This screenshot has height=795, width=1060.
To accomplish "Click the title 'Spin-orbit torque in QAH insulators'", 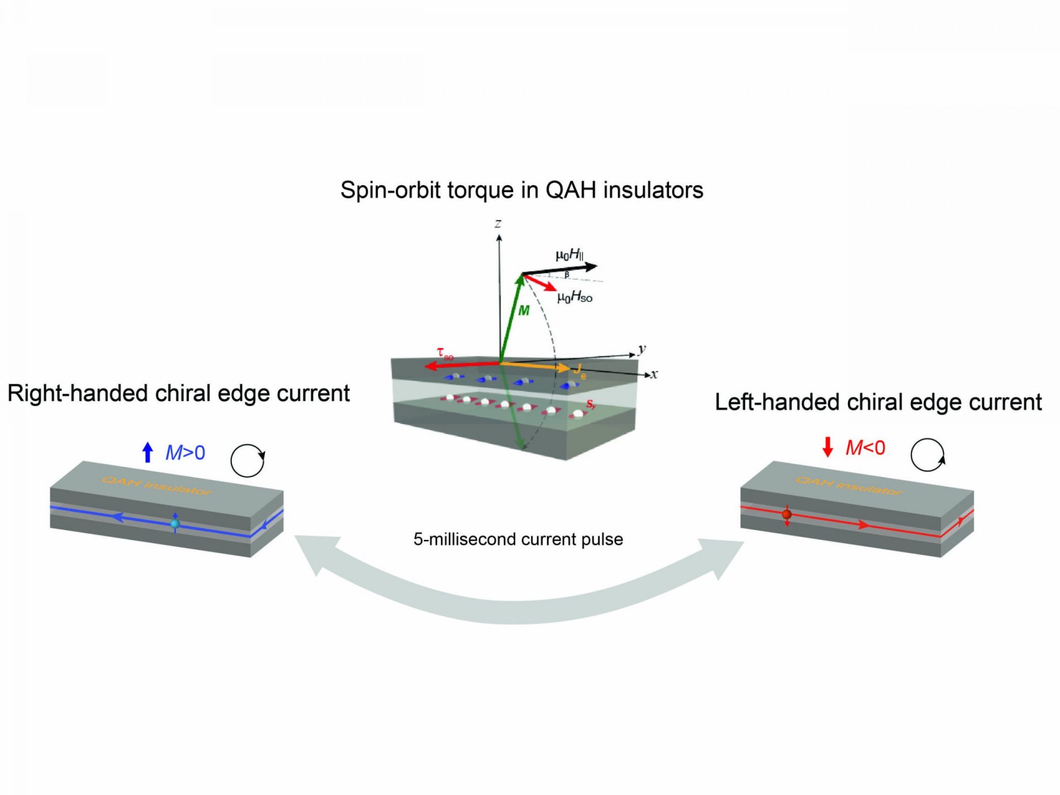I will [x=522, y=190].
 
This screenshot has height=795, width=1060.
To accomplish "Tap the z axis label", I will [x=498, y=224].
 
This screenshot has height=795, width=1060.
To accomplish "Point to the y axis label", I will [x=642, y=349].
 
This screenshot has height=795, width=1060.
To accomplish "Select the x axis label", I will [x=654, y=374].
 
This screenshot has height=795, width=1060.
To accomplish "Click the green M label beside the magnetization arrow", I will [x=524, y=311].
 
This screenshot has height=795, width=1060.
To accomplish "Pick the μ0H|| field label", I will [x=570, y=255].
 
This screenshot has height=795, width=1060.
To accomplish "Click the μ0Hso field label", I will [x=575, y=298].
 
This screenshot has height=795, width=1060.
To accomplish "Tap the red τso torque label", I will [x=444, y=353].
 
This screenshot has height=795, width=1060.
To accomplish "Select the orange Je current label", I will [x=579, y=371].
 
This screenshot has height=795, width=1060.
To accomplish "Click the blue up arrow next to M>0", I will [x=147, y=452].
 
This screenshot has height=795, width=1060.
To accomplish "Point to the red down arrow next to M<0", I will [x=828, y=447].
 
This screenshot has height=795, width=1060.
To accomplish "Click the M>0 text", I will [x=185, y=453].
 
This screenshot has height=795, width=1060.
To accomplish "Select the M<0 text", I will [x=865, y=448].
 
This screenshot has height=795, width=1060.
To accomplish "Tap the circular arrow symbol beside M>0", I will [x=247, y=460].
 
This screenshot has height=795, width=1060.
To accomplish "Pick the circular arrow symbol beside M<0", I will [x=928, y=455].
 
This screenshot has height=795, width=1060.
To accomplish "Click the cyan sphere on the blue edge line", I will [x=175, y=523].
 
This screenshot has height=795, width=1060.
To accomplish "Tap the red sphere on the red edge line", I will [x=787, y=515].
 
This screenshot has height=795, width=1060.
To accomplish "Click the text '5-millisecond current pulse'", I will [x=518, y=539].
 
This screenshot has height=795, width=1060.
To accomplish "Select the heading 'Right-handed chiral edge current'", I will [x=178, y=394].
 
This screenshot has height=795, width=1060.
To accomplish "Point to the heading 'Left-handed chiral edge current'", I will [x=878, y=402].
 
